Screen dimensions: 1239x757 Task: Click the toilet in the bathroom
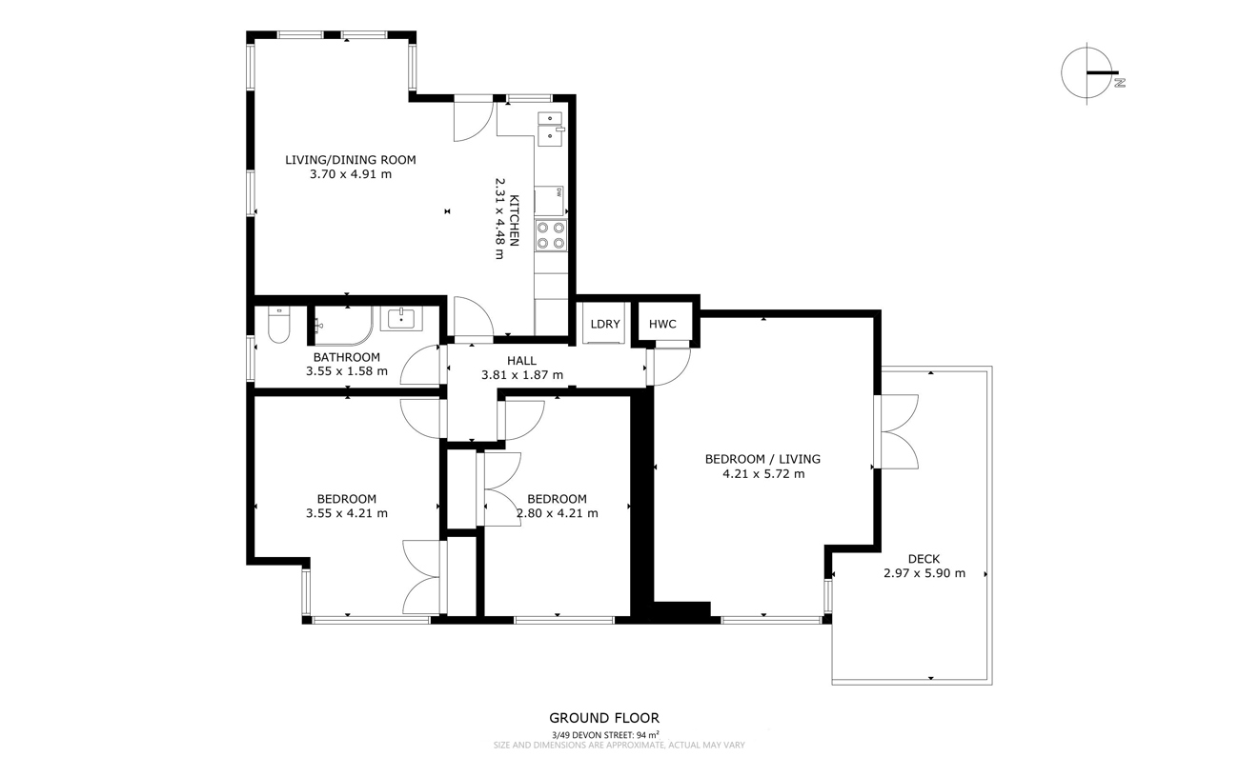click(x=278, y=325)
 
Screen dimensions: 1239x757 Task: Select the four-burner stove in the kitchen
click(x=551, y=235)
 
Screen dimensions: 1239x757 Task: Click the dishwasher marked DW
click(x=549, y=201)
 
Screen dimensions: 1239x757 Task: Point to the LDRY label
click(x=605, y=325)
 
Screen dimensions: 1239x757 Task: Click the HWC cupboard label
click(x=662, y=325)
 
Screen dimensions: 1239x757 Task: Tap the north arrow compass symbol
click(x=1088, y=73)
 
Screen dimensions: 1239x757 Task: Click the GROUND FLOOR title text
click(x=604, y=718)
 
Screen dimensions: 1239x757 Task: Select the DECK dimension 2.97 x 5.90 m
click(x=924, y=573)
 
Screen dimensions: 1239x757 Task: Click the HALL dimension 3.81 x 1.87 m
click(x=522, y=375)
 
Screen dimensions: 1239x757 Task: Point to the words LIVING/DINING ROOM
click(x=350, y=160)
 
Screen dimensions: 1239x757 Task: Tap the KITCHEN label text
click(x=515, y=221)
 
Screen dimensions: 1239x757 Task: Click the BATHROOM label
click(x=347, y=357)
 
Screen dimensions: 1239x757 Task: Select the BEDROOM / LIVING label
click(x=762, y=459)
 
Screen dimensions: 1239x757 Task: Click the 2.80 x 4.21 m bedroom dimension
click(x=557, y=513)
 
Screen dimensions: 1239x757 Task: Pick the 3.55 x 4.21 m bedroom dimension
click(x=347, y=513)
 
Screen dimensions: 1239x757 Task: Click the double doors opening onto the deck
click(x=896, y=431)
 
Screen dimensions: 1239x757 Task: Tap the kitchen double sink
click(x=550, y=129)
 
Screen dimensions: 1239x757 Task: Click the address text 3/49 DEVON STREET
click(x=591, y=735)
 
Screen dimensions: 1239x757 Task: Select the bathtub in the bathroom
click(x=343, y=326)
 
